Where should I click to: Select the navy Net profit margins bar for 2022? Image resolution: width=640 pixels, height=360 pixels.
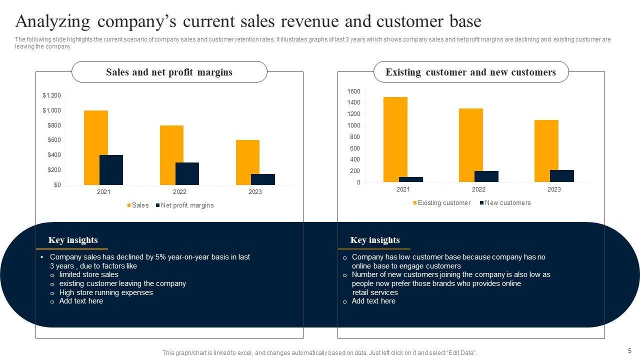pyautogui.click(x=187, y=173)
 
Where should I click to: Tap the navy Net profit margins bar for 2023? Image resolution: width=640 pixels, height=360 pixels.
pyautogui.click(x=263, y=179)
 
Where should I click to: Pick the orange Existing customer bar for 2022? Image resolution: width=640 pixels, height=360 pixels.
pyautogui.click(x=471, y=145)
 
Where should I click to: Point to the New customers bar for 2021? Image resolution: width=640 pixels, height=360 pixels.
pyautogui.click(x=411, y=179)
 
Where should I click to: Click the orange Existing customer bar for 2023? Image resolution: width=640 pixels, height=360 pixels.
pyautogui.click(x=546, y=151)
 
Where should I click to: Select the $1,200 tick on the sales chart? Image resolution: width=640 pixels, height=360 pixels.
pyautogui.click(x=51, y=95)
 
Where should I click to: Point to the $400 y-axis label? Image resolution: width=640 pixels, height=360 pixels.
pyautogui.click(x=54, y=155)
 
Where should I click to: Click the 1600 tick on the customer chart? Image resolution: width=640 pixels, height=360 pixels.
pyautogui.click(x=353, y=91)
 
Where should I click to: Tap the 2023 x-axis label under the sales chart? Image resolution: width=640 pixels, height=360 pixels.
pyautogui.click(x=255, y=192)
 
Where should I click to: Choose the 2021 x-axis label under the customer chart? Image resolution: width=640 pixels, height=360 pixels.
pyautogui.click(x=403, y=189)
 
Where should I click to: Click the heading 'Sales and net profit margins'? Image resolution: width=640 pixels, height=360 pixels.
pyautogui.click(x=169, y=72)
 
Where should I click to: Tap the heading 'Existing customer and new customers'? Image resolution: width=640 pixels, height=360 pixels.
pyautogui.click(x=470, y=72)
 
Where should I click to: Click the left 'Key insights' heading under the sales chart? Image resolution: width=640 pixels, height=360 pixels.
pyautogui.click(x=73, y=240)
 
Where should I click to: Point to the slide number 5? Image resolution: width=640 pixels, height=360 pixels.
pyautogui.click(x=629, y=351)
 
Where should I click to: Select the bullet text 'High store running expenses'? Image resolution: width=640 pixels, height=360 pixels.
pyautogui.click(x=106, y=292)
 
